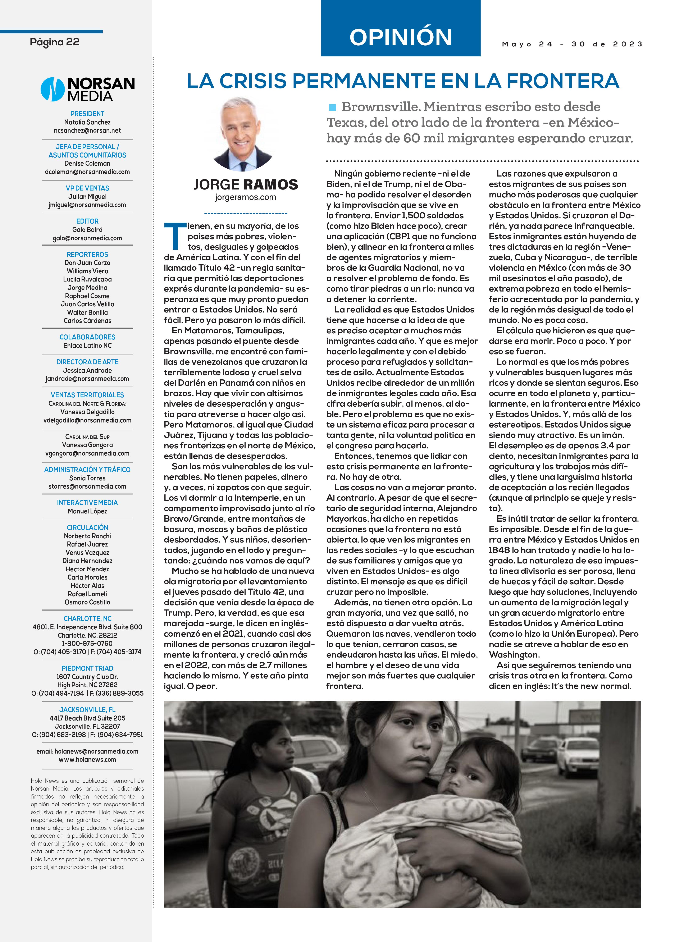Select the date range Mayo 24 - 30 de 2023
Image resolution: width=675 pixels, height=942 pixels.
[572, 44]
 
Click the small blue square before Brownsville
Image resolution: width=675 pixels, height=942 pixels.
[332, 108]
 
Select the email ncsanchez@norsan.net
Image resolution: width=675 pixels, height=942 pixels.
[87, 131]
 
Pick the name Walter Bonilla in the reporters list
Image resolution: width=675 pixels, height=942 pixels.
[87, 312]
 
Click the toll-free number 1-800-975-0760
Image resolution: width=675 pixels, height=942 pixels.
[87, 643]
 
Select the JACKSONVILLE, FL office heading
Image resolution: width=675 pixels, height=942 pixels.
[87, 710]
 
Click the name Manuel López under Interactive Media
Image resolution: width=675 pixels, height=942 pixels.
[87, 511]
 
